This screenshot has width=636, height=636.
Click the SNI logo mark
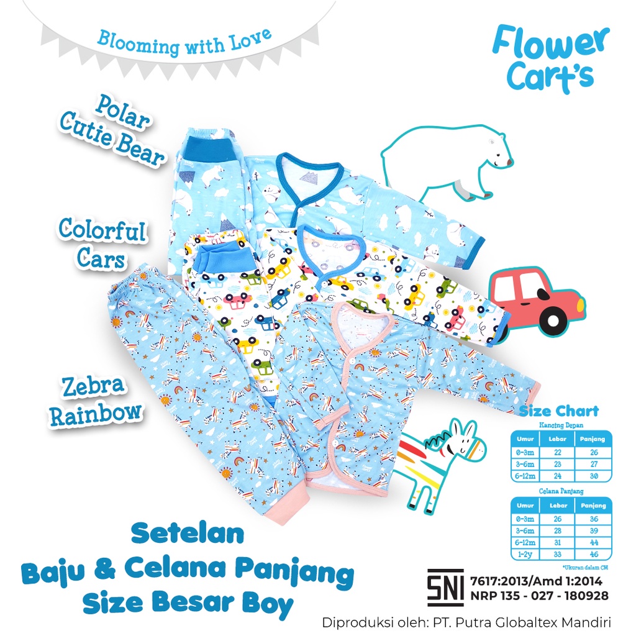[x=445, y=588]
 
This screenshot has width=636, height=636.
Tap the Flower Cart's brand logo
[x=550, y=60]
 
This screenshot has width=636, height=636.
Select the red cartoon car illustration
[x=536, y=300]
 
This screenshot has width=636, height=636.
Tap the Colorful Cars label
[x=102, y=243]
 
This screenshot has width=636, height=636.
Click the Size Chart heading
[x=559, y=411]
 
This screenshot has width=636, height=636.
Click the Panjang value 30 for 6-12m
[x=594, y=476]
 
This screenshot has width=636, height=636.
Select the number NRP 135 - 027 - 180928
[x=540, y=596]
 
